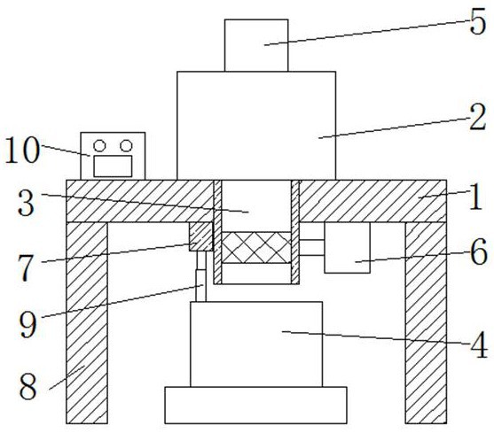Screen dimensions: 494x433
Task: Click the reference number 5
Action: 478,23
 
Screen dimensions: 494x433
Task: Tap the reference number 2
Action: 478,118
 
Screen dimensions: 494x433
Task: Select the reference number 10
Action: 23,151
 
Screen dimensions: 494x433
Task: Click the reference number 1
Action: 475,197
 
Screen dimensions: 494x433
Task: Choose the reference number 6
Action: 479,252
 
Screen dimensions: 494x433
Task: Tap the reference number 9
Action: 27,325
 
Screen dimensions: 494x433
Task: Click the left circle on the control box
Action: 99,145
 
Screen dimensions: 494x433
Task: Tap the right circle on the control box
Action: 126,145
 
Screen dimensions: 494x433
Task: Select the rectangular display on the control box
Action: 113,166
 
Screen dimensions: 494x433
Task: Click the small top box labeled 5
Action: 256,45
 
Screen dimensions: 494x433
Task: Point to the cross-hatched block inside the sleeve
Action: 256,248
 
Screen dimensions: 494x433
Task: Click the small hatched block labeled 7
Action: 200,236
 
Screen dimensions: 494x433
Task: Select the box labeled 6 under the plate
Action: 347,247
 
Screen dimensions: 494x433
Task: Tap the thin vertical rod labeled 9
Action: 201,276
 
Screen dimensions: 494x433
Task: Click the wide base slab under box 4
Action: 255,405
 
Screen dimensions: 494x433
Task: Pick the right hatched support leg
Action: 426,323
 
